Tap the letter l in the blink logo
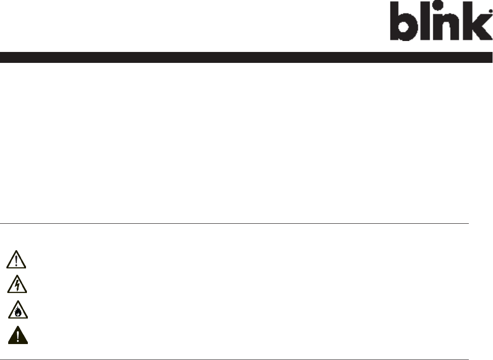click(x=426, y=21)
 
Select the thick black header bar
click(x=246, y=57)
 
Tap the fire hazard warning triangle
click(x=18, y=311)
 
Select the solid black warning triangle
click(x=18, y=336)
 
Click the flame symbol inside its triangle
click(x=18, y=313)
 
